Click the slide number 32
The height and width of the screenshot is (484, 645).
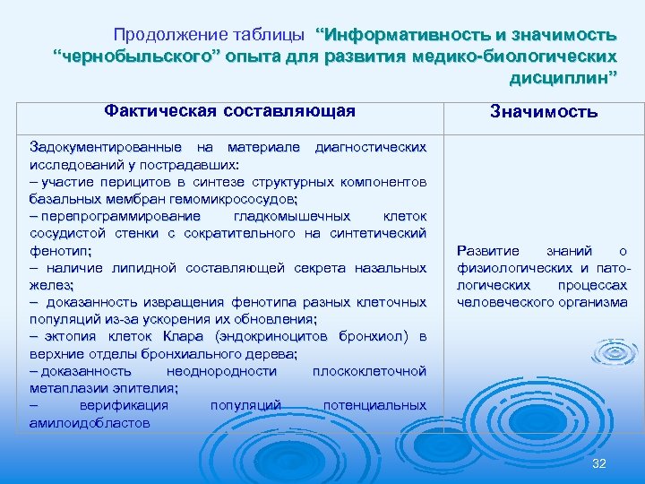click(599, 462)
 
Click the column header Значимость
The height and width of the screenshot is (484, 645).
click(544, 112)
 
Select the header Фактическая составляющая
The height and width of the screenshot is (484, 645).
click(229, 111)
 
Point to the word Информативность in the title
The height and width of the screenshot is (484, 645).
click(408, 35)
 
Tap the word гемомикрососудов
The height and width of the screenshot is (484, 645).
click(241, 198)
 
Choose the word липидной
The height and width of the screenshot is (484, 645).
click(142, 268)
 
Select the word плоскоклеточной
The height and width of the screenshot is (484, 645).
click(369, 370)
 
